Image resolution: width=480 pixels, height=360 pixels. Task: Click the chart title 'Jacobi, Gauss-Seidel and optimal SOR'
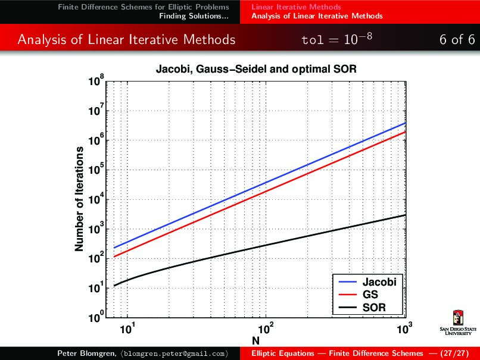tap(256, 69)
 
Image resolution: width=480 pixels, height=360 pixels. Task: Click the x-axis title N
tap(255, 340)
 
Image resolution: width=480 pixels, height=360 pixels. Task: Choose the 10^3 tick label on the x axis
tap(404, 328)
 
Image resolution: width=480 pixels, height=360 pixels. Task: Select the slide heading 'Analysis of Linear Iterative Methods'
tap(126, 40)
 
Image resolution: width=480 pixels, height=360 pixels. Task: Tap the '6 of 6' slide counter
tap(457, 40)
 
